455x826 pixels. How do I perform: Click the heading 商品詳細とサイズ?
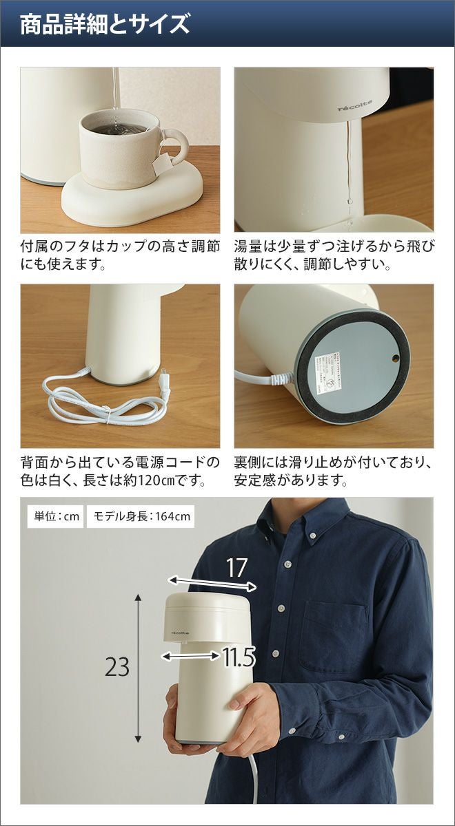(x=105, y=24)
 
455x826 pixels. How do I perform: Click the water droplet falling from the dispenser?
(x=349, y=202)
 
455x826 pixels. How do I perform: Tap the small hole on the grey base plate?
(x=396, y=357)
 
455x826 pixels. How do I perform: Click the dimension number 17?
(x=236, y=569)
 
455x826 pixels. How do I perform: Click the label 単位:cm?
(x=56, y=516)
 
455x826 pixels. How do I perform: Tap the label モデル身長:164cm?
(x=141, y=516)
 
